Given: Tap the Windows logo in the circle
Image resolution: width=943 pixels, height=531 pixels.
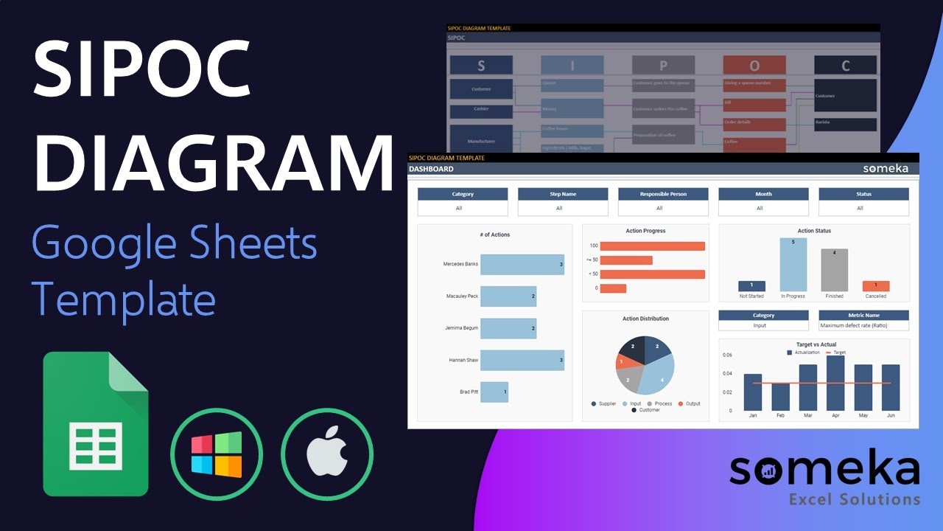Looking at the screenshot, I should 217,455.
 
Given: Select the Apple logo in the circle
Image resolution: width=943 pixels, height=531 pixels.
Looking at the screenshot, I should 327,455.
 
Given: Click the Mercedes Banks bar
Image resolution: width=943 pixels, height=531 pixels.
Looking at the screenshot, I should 522,264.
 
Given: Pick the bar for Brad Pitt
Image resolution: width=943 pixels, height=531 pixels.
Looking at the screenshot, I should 494,392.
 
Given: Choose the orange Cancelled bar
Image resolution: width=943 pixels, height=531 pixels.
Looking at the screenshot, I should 875,285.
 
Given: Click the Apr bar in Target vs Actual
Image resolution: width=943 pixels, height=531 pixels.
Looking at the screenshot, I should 835,383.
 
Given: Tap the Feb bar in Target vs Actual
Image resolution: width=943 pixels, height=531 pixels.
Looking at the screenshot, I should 780,397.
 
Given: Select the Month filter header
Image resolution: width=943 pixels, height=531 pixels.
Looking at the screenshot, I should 763,194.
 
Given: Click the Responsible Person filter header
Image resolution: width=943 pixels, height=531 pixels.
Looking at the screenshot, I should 663,194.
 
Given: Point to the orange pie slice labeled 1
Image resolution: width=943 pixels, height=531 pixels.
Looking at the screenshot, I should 621,362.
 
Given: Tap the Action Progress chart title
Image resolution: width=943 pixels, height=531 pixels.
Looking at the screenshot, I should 645,231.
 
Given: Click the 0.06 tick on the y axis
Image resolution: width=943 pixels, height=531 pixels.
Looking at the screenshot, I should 727,355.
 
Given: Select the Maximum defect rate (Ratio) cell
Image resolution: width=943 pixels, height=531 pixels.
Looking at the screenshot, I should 863,325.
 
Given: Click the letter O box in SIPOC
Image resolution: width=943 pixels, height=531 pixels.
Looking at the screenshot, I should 754,66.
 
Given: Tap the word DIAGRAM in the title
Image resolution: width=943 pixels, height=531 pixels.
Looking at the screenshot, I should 214,162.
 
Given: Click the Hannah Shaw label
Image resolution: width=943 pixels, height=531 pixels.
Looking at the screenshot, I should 463,360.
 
